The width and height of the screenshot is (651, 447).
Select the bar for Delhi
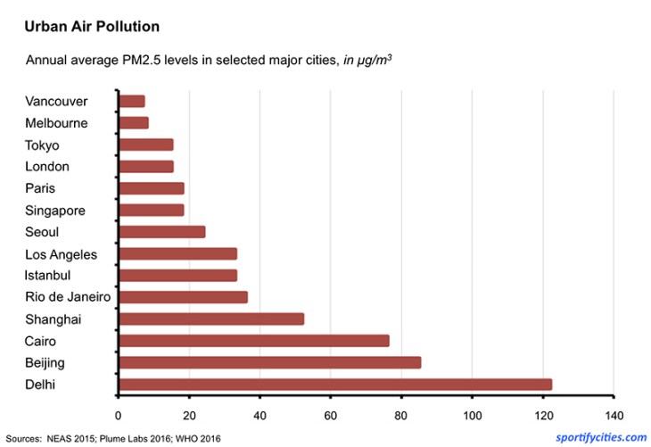click(x=334, y=385)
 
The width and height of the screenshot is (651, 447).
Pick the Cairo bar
click(x=253, y=341)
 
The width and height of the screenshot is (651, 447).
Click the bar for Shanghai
click(x=211, y=319)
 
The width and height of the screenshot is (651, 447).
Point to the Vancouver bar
click(x=131, y=101)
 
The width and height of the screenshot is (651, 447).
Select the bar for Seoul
click(x=161, y=232)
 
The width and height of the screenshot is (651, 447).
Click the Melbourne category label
click(x=56, y=123)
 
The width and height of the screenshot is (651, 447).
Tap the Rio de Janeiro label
click(x=68, y=297)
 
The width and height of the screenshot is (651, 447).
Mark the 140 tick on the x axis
click(x=612, y=415)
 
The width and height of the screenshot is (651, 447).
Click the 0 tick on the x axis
click(x=118, y=415)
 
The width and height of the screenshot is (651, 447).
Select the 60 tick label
click(x=330, y=415)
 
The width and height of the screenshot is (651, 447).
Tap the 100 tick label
click(x=471, y=415)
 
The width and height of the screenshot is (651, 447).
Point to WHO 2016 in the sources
click(x=197, y=438)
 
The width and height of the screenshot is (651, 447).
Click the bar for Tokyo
click(x=145, y=145)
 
